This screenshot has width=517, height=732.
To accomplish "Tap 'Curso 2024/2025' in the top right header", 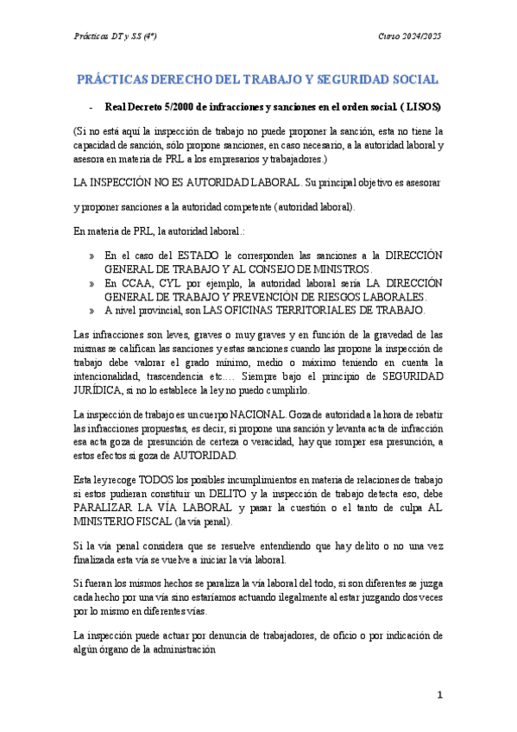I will click(x=410, y=35).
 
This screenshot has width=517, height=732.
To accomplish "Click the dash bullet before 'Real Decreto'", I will click(x=91, y=107).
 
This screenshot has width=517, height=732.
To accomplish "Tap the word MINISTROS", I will click(x=337, y=269).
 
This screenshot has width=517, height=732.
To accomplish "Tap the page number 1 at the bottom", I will click(x=439, y=695).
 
